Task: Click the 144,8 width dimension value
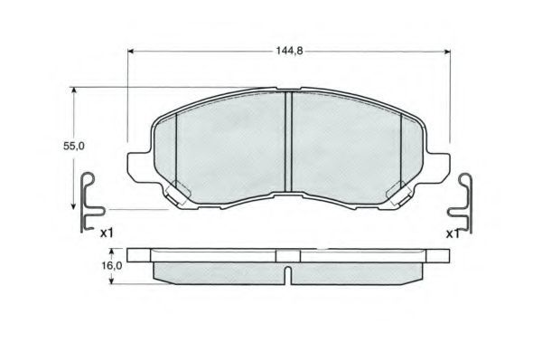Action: pos(289,51)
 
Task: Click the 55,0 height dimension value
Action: pos(74,147)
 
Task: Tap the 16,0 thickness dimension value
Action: pos(112,266)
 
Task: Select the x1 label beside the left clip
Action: pos(107,233)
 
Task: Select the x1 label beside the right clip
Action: pos(453,234)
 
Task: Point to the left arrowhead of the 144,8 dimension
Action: pos(131,52)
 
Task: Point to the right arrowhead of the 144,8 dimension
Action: pos(447,52)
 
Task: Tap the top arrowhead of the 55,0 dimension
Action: pos(73,90)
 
